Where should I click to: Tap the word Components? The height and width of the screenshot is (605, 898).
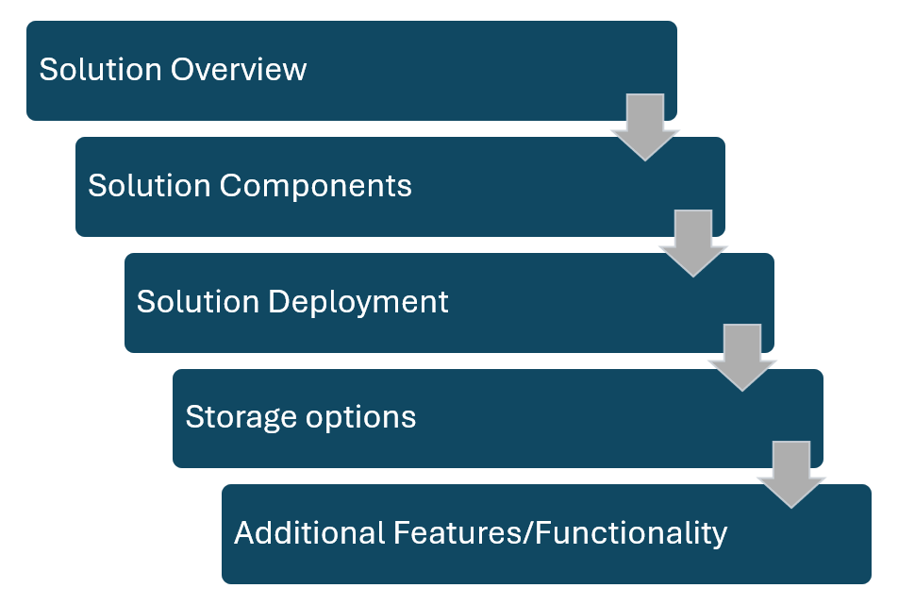(x=316, y=186)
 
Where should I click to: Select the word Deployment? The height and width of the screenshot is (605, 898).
(x=358, y=302)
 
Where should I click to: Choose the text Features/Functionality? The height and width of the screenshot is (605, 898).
(x=557, y=533)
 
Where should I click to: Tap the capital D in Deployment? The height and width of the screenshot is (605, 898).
(x=277, y=302)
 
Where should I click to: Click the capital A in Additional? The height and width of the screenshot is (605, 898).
(x=244, y=533)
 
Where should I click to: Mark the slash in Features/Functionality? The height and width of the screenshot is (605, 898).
(x=530, y=533)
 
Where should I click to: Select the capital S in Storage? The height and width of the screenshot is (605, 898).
(x=193, y=417)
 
